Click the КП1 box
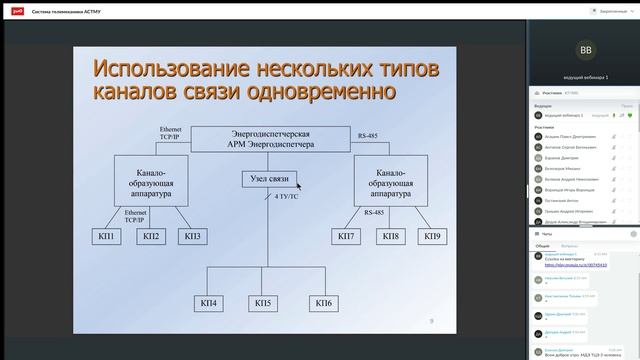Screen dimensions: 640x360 pyautogui.click(x=107, y=237)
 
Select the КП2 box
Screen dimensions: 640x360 pyautogui.click(x=151, y=237)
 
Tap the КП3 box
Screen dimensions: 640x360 pyautogui.click(x=193, y=237)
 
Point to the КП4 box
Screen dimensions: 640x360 pyautogui.click(x=210, y=302)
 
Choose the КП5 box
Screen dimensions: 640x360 pyautogui.click(x=263, y=302)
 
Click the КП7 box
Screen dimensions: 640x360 pyautogui.click(x=346, y=237)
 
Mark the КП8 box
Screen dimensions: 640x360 pyautogui.click(x=390, y=237)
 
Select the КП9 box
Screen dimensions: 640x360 pyautogui.click(x=433, y=237)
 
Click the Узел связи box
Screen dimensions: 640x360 pyautogui.click(x=269, y=180)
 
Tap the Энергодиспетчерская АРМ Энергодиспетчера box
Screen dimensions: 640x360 pyautogui.click(x=271, y=139)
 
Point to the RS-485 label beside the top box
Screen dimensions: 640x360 pyautogui.click(x=367, y=131)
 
